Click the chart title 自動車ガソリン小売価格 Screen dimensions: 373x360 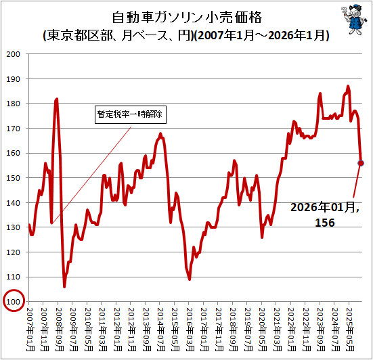pos(187,17)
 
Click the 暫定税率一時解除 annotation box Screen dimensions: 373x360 pos(131,114)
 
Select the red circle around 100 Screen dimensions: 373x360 pos(14,300)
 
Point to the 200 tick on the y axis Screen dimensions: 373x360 pos(13,54)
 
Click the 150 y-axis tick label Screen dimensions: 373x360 pos(13,178)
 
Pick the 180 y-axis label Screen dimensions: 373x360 pos(13,104)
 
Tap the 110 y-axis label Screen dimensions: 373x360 pos(13,277)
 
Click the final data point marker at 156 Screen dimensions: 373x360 pos(361,163)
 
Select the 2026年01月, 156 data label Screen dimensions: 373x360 pos(325,215)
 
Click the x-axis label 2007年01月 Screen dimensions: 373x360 pos(30,330)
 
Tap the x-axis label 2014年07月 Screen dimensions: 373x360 pos(162,330)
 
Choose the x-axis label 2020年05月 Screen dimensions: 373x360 pos(263,330)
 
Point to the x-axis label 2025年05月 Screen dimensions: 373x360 pos(351,330)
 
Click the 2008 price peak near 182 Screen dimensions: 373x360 pos(57,99)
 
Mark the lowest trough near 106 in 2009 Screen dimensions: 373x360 pos(64,287)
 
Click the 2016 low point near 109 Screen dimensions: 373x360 pos(190,279)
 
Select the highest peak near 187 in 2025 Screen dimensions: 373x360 pos(348,87)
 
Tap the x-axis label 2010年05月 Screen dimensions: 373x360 pos(89,330)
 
